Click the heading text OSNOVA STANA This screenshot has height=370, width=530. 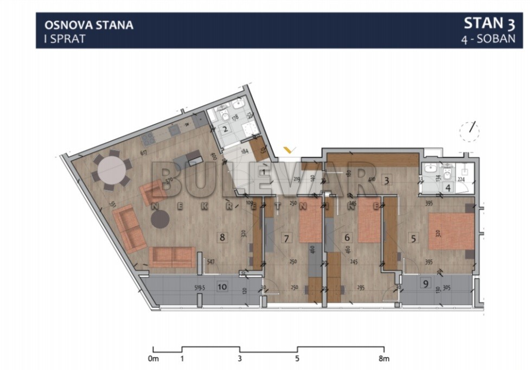point(89,24)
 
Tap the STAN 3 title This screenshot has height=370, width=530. point(489,23)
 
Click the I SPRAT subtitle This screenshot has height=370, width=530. point(65,39)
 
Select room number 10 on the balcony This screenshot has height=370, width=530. point(222,286)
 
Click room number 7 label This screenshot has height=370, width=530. point(287,237)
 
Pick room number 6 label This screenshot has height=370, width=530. point(348,237)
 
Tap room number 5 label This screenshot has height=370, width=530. point(414,237)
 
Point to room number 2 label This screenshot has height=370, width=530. point(225,130)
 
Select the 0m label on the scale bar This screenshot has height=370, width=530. point(153,359)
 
